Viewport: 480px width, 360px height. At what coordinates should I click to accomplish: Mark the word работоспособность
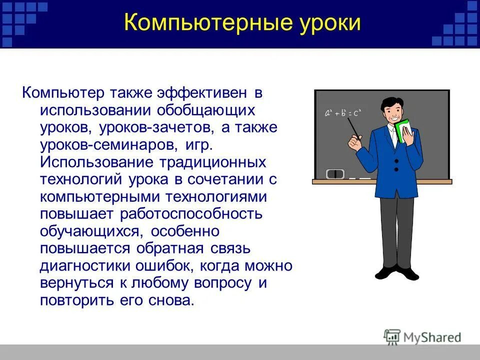coord(191,214)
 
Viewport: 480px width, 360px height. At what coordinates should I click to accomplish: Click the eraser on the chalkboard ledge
coord(335,174)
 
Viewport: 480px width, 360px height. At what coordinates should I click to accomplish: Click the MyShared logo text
coord(432,337)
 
